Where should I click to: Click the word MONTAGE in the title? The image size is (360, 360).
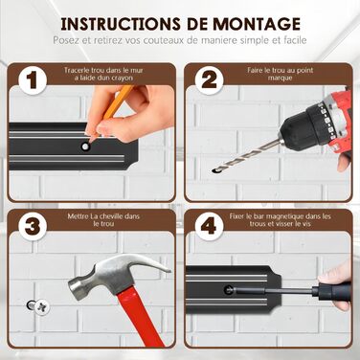257,24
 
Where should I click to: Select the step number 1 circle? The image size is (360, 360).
33,80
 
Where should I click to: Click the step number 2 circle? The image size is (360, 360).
209,80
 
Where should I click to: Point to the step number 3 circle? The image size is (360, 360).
33,226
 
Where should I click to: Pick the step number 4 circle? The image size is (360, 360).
209,226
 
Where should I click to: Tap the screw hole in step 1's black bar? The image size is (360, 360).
85,146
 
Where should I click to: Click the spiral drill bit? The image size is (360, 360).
245,156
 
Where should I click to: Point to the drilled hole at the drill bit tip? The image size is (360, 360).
214,171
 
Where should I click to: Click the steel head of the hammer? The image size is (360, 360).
118,274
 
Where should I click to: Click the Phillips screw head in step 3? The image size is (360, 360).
42,307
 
